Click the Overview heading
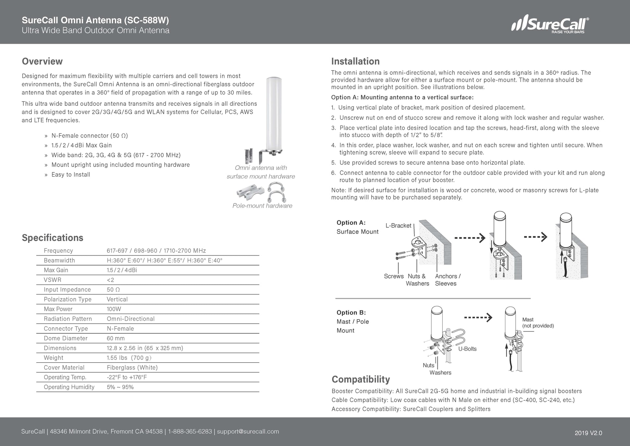point(42,61)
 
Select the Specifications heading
point(52,238)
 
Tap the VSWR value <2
point(110,280)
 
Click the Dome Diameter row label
point(66,338)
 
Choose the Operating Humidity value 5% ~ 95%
point(120,387)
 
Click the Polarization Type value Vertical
point(117,299)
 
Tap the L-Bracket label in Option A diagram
point(398,226)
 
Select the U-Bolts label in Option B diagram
point(467,349)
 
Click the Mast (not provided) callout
point(538,323)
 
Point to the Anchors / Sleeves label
point(447,280)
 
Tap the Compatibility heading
point(361,379)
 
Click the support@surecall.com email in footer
point(248,432)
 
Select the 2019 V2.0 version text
point(588,433)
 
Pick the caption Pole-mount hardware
point(262,206)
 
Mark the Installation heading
point(355,61)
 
